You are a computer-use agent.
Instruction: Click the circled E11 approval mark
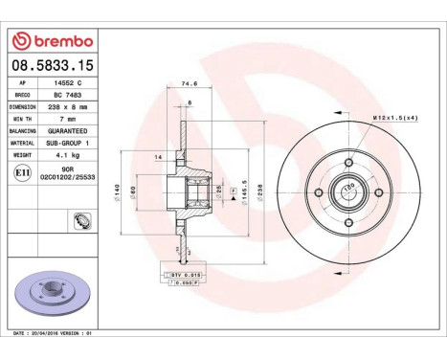22,173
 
